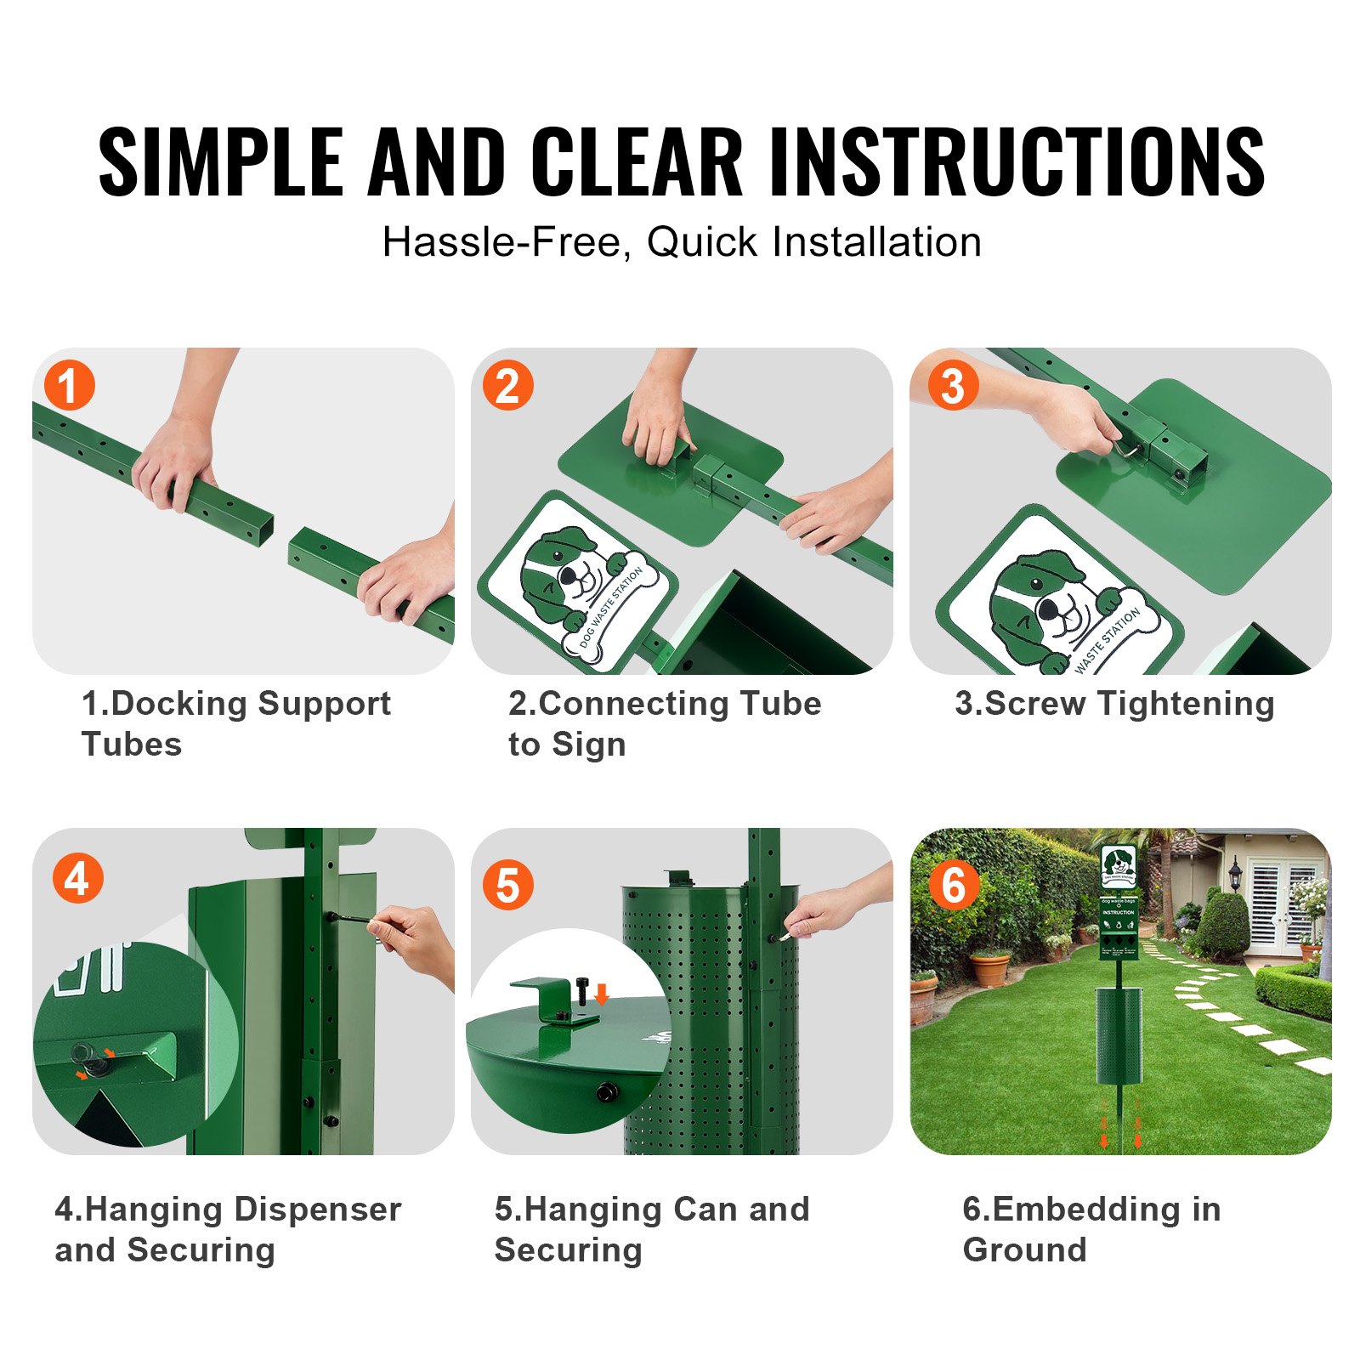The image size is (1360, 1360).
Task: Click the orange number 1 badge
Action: pyautogui.click(x=69, y=386)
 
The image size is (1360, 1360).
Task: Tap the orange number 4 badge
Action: pyautogui.click(x=77, y=879)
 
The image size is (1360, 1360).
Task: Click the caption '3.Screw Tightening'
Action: pyautogui.click(x=1114, y=704)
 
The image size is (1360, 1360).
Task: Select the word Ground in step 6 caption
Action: pyautogui.click(x=1024, y=1249)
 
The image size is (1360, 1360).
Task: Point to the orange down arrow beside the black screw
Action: pyautogui.click(x=602, y=993)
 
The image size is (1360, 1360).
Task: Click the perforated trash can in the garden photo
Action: pyautogui.click(x=1119, y=1035)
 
